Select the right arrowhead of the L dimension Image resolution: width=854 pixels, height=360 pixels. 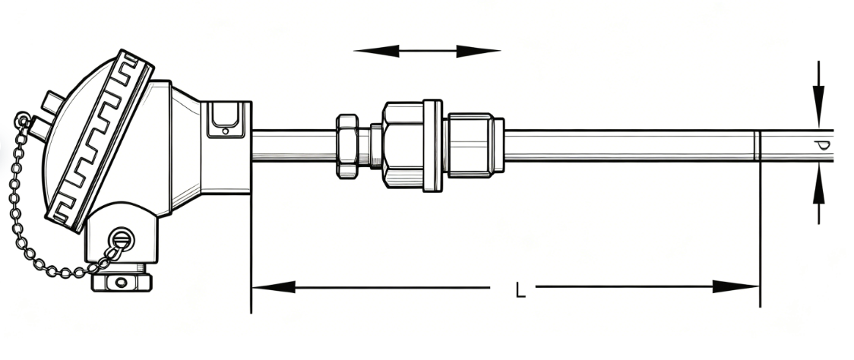(x=735, y=286)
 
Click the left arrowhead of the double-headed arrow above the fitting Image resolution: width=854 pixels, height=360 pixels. (x=376, y=51)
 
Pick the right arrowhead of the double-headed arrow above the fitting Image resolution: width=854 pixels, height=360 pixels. (x=478, y=51)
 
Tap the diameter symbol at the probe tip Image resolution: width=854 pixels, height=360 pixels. (x=823, y=145)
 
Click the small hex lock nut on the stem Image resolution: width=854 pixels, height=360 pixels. (x=347, y=146)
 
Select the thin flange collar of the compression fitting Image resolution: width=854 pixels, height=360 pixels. (x=432, y=145)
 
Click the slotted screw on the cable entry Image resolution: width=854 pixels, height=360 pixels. (x=120, y=238)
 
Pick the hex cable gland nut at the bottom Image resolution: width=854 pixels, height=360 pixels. (x=122, y=282)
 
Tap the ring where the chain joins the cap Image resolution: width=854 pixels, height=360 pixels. (x=23, y=119)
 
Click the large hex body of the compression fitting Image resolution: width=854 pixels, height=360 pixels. (x=403, y=145)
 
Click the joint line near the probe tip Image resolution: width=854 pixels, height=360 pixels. (x=758, y=145)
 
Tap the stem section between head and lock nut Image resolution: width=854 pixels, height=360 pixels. (x=294, y=145)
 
